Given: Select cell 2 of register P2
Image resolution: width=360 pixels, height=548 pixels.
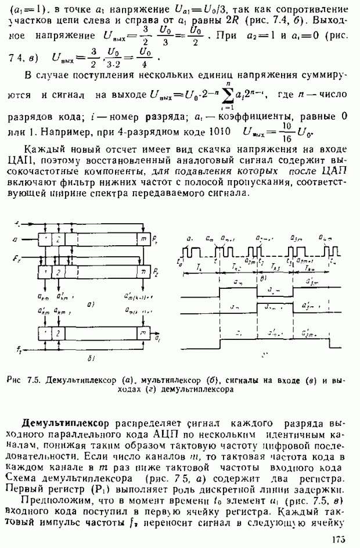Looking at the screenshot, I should point(59,271).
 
